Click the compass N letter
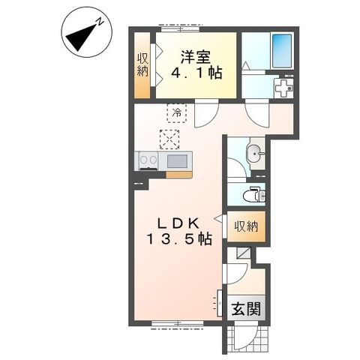point(100,22)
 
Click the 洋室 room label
point(196,58)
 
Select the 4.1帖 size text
point(196,73)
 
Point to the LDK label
point(178,223)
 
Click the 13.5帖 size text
point(179,239)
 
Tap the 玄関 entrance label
point(246,308)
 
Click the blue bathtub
point(282,51)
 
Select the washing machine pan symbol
point(283,88)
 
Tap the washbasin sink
point(254,153)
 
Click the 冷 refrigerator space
point(177,113)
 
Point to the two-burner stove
point(148,160)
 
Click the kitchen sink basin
point(177,161)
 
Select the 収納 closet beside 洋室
point(142,65)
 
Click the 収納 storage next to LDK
point(246,226)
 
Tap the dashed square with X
point(169,139)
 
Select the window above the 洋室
point(180,29)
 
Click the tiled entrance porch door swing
point(244,336)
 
